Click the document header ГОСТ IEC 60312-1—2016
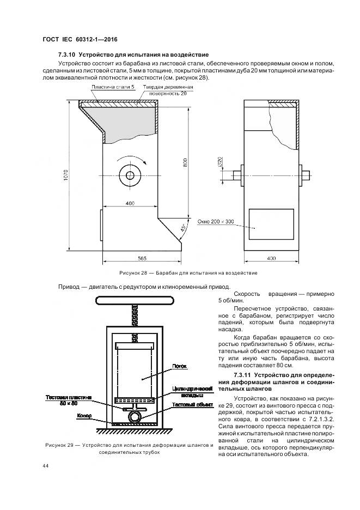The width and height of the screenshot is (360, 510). pos(80,40)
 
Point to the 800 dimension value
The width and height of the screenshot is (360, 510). pos(185,162)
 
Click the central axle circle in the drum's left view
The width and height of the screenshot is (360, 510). pos(130,175)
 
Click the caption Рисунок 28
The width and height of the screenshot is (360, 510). pos(133,272)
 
